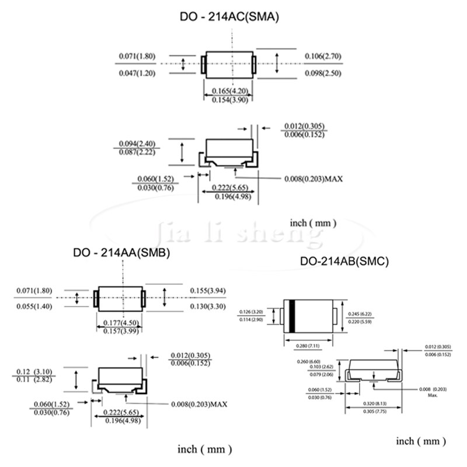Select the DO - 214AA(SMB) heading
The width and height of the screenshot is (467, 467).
[121, 253]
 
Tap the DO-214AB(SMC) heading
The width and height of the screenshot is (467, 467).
[344, 262]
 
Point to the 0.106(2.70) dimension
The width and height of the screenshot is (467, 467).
[323, 57]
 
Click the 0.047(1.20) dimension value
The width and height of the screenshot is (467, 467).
[137, 73]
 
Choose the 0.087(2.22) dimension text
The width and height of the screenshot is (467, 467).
[137, 152]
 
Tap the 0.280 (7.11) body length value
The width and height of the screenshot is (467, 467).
[309, 347]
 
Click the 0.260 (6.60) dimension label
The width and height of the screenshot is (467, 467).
[310, 361]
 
